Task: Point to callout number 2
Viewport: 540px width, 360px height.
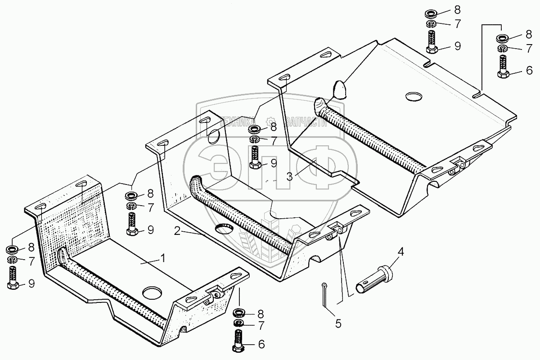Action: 178,231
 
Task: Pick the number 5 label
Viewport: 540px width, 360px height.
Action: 338,323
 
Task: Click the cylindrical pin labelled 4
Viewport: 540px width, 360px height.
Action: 373,280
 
